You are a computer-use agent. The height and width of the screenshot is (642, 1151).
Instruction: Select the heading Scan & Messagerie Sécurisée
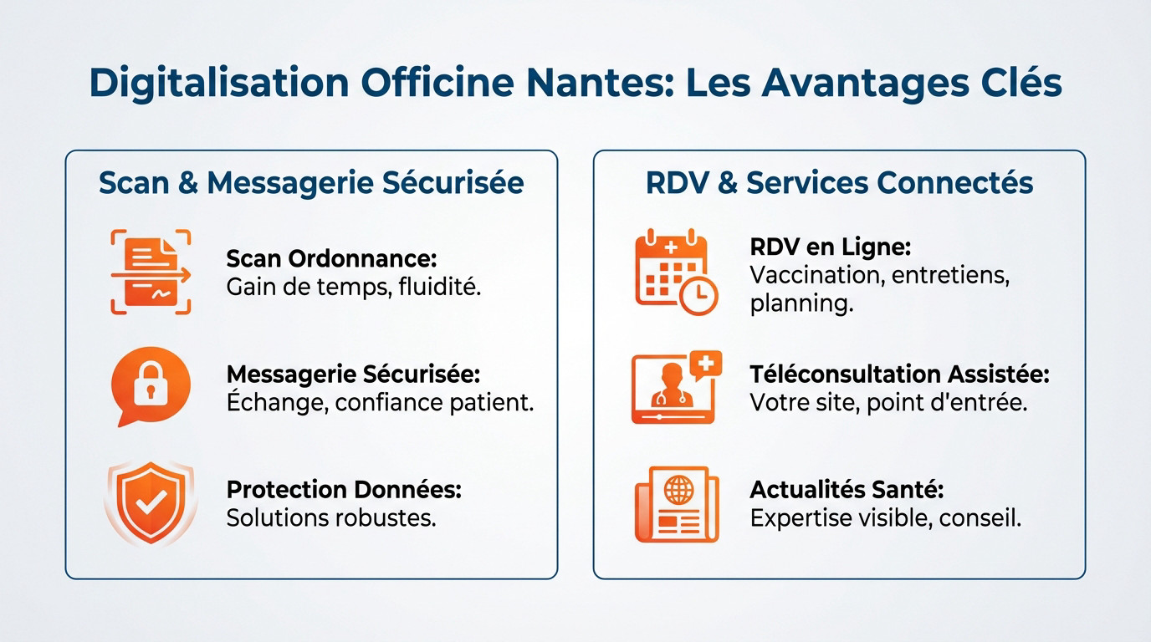pos(311,183)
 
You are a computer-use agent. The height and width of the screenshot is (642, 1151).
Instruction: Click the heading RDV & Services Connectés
pos(839,183)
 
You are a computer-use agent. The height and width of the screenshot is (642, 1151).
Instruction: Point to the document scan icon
pos(151,273)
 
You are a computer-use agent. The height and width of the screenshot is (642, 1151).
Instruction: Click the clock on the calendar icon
pos(698,294)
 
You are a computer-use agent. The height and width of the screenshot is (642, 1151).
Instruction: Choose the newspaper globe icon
pos(676,504)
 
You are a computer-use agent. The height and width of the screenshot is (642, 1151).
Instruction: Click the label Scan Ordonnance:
pos(332,258)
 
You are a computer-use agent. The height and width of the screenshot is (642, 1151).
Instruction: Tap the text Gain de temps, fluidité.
pos(354,287)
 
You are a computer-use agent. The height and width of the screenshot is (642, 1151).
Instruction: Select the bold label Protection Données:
pos(344,489)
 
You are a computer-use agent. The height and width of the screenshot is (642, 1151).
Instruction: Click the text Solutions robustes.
pos(331,517)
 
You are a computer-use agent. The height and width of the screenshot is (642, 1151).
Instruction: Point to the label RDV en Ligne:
pos(830,247)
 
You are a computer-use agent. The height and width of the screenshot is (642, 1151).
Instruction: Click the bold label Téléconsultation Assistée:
pos(899,374)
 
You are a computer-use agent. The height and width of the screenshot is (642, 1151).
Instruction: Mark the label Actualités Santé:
pos(847,489)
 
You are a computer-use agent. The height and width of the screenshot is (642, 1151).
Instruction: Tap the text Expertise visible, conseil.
pos(886,518)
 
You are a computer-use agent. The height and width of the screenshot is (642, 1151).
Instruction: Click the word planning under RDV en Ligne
pos(801,303)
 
